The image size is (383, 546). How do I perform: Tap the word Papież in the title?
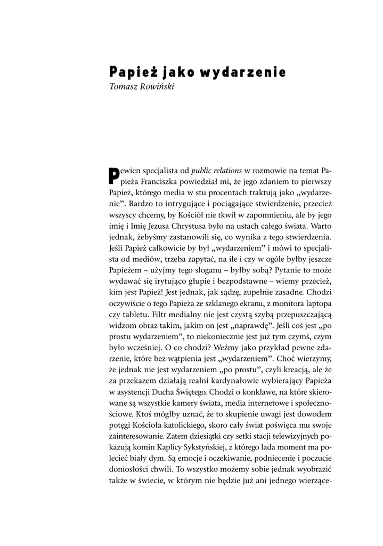click(128, 71)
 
